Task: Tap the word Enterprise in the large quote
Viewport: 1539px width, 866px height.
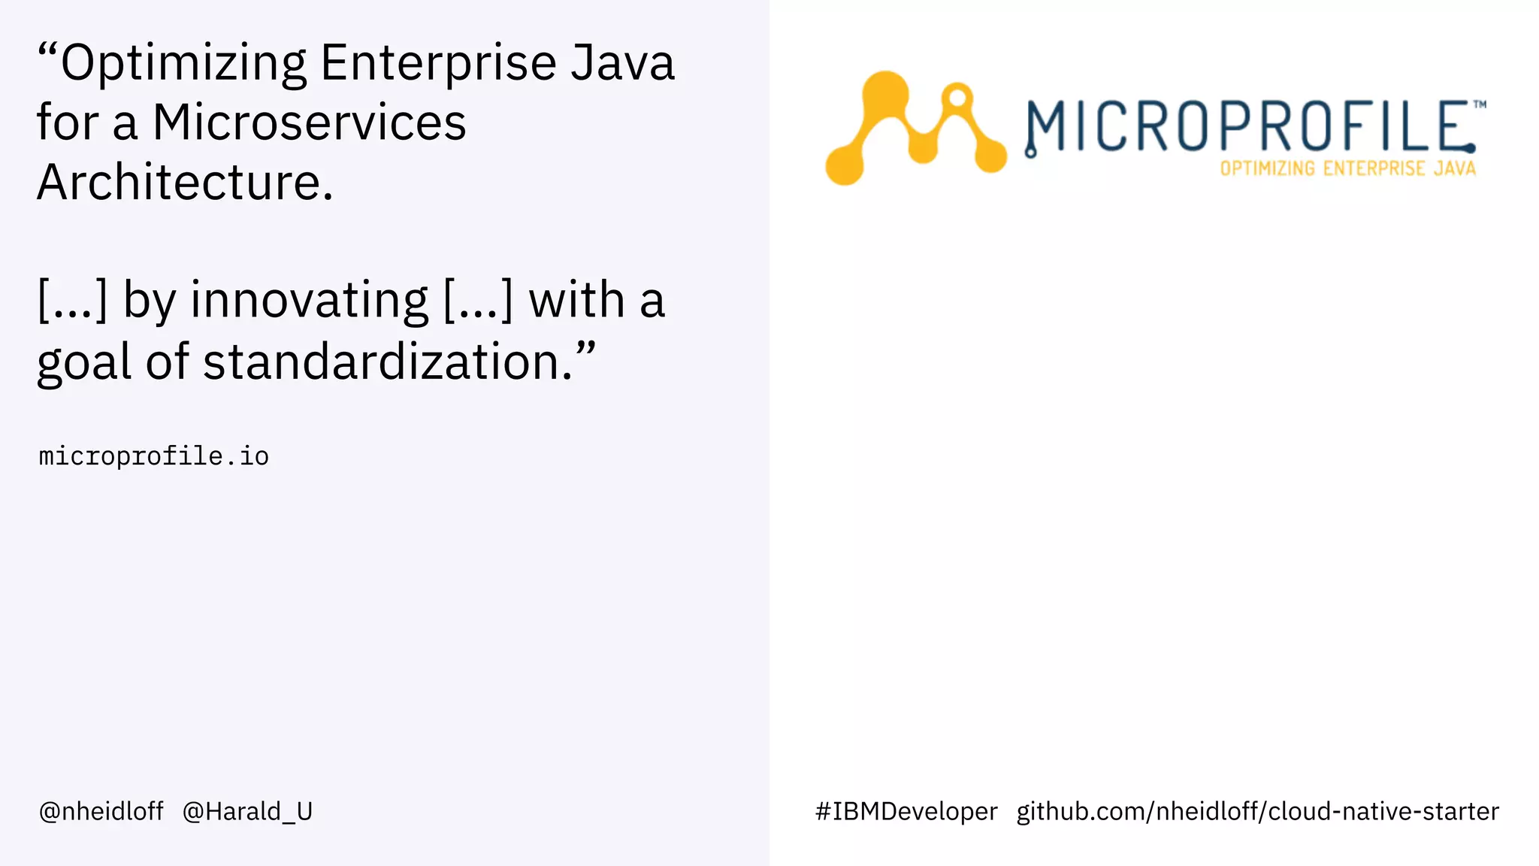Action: point(438,63)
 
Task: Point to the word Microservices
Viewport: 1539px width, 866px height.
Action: point(309,122)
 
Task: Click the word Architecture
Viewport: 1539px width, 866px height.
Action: point(184,182)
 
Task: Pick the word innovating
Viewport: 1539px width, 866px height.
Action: point(309,300)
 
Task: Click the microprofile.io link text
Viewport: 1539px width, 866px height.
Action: point(153,456)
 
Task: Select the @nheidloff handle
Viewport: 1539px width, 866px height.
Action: point(101,811)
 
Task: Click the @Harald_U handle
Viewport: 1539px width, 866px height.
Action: point(247,811)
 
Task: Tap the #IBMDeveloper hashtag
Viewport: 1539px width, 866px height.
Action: point(906,811)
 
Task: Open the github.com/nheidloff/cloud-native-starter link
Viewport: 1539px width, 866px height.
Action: point(1257,811)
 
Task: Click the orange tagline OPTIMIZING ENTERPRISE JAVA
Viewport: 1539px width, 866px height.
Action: point(1347,168)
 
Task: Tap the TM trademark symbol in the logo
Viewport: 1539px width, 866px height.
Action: point(1479,104)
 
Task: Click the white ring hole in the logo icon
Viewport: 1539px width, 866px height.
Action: point(957,98)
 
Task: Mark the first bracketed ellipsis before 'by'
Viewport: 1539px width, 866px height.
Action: point(73,300)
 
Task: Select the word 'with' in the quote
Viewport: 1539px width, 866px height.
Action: point(576,300)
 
